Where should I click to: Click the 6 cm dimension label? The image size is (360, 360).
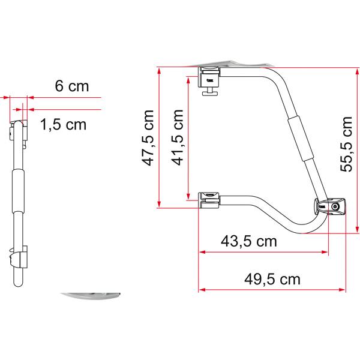coord(72,86)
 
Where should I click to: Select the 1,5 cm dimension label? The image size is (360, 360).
coord(64,124)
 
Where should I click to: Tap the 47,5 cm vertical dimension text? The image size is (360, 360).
coord(148,138)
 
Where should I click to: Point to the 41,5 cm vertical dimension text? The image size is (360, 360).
coord(178,137)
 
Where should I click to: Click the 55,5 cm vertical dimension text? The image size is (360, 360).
coord(346,144)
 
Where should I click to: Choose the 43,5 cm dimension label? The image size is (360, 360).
coord(249,241)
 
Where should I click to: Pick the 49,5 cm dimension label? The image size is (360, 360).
coord(272,279)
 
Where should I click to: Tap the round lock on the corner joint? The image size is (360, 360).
coord(335,207)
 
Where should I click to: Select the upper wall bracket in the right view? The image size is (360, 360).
coord(209,77)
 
